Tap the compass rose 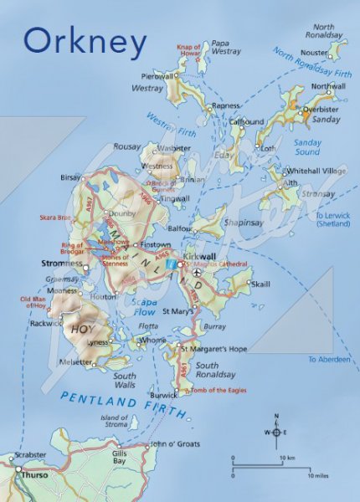point(275,431)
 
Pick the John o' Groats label point(171,445)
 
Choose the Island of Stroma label point(115,421)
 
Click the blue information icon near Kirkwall point(172,264)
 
